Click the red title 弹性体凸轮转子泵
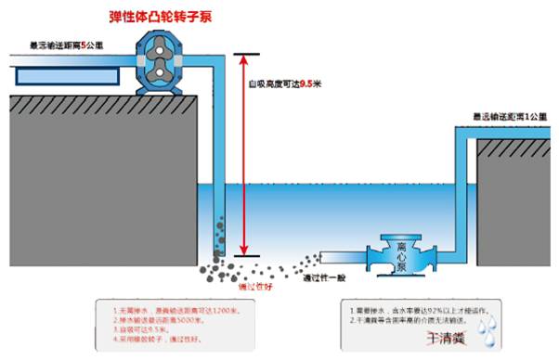pos(168,17)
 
